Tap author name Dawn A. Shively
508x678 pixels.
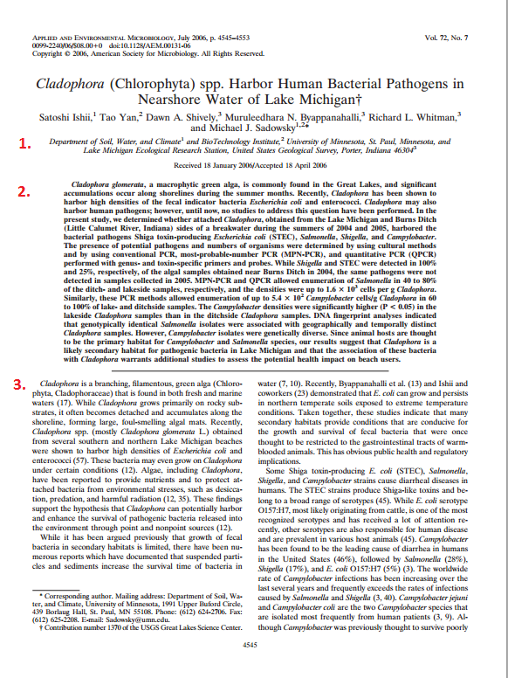click(x=172, y=115)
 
